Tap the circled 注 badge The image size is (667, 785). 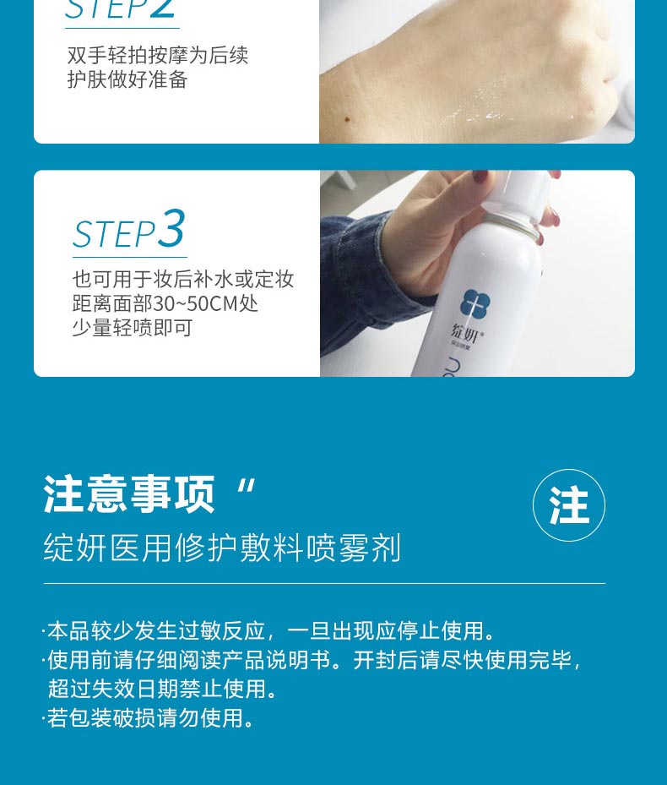[569, 505]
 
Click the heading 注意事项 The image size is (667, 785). [129, 494]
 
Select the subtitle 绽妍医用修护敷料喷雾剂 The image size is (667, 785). [222, 548]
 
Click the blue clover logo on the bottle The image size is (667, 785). [475, 304]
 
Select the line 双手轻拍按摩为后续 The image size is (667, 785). [158, 56]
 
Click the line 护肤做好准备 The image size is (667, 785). [127, 80]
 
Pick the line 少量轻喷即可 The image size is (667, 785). [133, 327]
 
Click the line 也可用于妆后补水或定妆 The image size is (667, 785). [183, 280]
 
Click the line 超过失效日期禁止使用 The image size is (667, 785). [164, 689]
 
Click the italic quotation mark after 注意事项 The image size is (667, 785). [246, 488]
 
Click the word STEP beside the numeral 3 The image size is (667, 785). [114, 234]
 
